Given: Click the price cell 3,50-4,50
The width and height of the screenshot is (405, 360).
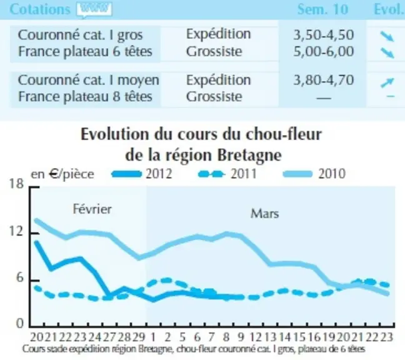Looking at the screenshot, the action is tap(323, 35).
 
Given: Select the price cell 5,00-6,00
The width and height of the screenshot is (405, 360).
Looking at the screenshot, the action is tap(323, 51).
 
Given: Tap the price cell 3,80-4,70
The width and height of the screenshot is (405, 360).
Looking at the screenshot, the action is tap(323, 80).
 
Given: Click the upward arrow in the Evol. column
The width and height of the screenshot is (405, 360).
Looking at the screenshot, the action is tap(387, 82).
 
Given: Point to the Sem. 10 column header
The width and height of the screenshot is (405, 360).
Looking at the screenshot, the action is tap(322, 9).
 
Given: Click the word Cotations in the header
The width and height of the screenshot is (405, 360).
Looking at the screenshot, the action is tap(40, 9).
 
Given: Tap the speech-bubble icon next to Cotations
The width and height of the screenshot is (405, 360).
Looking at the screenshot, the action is tap(94, 10).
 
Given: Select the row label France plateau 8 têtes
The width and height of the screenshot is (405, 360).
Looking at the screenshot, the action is tap(85, 97).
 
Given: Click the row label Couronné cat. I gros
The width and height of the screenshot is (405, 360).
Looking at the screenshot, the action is tap(81, 35).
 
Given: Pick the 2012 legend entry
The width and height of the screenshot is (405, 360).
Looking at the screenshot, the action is tap(142, 174).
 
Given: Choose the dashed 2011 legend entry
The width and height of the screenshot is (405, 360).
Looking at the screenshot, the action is tap(227, 174).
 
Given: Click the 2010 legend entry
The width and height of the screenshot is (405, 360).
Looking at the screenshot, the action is tap(314, 174).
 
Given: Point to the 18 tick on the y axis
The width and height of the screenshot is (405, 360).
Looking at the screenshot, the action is tap(16, 184).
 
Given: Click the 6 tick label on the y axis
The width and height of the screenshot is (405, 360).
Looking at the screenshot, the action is tap(19, 278).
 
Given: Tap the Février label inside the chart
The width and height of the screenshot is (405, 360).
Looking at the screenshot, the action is tap(92, 209).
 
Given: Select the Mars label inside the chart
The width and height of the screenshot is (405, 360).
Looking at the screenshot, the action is tap(265, 214).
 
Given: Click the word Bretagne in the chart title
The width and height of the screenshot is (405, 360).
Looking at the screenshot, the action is tap(249, 156).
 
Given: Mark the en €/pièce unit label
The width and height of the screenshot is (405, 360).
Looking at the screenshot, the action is tap(62, 174).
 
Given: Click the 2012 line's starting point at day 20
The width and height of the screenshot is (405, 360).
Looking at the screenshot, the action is tap(37, 242).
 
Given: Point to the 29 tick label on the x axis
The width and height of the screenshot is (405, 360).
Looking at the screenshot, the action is tap(139, 337).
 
